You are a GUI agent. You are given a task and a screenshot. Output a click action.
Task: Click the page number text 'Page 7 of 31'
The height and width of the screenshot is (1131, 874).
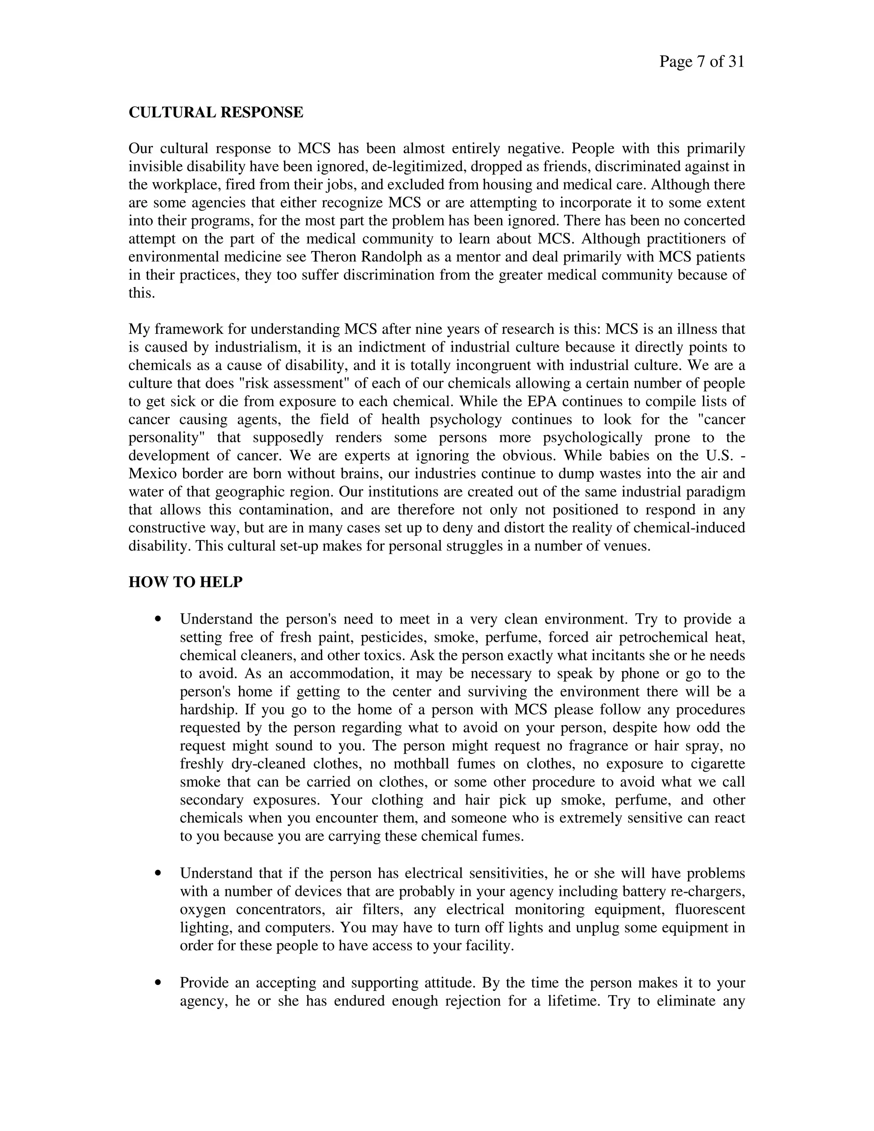[x=701, y=62]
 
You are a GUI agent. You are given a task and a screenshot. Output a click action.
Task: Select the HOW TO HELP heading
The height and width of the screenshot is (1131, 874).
[x=185, y=582]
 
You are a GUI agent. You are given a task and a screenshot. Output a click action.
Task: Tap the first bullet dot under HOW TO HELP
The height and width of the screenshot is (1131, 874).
[x=158, y=619]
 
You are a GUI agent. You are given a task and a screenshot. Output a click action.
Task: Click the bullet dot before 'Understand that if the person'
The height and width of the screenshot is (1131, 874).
[x=158, y=873]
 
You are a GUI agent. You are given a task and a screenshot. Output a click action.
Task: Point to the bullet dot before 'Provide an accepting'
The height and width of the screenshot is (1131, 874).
[x=158, y=982]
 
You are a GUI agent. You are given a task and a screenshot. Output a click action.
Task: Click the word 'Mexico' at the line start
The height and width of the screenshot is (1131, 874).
[x=153, y=474]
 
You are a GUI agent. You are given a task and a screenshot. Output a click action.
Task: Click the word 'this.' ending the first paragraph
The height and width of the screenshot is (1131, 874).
[x=142, y=293]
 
